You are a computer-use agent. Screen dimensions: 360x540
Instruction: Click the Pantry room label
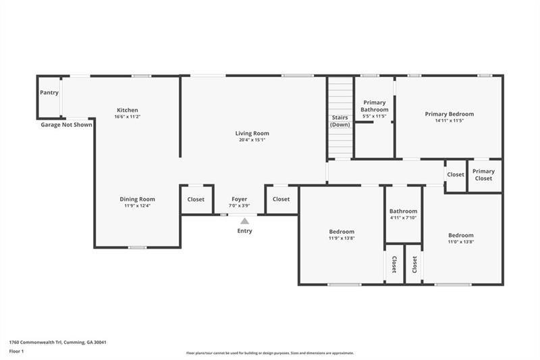[x=49, y=93]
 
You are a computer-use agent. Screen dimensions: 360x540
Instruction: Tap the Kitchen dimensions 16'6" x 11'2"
[x=128, y=117]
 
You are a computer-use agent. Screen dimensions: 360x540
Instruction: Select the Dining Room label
[x=138, y=199]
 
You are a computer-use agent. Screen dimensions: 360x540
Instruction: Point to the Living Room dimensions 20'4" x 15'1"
[x=252, y=140]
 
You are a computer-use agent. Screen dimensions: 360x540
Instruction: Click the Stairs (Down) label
[x=340, y=121]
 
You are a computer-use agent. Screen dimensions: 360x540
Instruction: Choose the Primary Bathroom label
[x=374, y=106]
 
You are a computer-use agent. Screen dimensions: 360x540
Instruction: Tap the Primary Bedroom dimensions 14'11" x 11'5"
[x=450, y=121]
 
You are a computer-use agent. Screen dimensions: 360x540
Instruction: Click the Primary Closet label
[x=483, y=175]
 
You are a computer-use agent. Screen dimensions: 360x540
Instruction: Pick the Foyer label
[x=240, y=199]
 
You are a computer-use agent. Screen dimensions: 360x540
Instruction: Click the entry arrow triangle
[x=244, y=221]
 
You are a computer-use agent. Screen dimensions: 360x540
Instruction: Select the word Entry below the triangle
[x=244, y=231]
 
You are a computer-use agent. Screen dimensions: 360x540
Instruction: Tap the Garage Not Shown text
[x=66, y=125]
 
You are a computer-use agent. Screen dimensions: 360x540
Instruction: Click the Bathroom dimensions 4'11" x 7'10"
[x=404, y=217]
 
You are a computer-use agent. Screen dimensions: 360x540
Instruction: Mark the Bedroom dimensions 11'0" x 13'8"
[x=461, y=242]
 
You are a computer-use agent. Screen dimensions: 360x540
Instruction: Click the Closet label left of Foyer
[x=196, y=199]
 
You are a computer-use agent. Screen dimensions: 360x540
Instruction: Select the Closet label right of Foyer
[x=281, y=199]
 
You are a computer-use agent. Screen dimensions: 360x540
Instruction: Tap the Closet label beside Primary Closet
[x=456, y=174]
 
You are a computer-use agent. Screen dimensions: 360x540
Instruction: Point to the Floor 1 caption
[x=17, y=352]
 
